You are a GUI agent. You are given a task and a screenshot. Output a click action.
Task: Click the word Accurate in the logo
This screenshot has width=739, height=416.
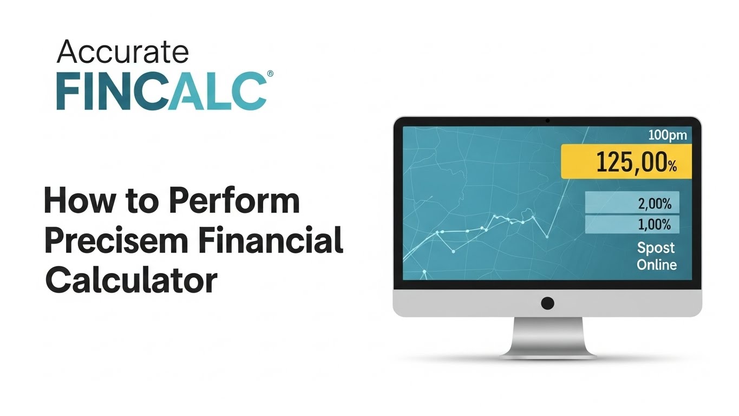[122, 52]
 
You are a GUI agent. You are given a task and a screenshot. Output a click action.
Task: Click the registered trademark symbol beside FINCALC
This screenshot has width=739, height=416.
[270, 74]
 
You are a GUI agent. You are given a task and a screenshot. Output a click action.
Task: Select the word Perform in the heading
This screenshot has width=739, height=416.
[234, 201]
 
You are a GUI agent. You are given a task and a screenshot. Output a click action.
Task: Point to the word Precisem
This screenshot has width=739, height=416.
[115, 242]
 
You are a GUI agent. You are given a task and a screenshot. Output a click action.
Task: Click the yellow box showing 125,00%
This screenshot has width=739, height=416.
[626, 162]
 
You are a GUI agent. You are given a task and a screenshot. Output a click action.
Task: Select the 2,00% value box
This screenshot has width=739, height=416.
[632, 204]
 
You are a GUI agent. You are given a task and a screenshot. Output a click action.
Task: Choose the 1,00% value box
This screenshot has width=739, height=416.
[632, 224]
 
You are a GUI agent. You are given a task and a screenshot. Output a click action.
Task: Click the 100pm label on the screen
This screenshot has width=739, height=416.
[667, 135]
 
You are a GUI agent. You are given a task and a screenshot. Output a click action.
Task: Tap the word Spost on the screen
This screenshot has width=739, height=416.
[656, 248]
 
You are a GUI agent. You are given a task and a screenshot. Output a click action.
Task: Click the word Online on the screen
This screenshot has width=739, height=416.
[656, 264]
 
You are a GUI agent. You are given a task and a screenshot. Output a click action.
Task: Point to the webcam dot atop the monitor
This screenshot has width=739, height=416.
[547, 120]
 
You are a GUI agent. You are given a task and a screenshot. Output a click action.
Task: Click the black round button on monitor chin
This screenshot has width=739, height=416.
[547, 303]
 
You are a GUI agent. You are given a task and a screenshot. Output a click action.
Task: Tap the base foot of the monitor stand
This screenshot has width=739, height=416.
[547, 355]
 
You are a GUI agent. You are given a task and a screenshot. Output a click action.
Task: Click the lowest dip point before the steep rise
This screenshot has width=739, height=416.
[547, 237]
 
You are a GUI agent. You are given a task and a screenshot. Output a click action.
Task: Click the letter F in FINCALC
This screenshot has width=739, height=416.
[69, 92]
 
